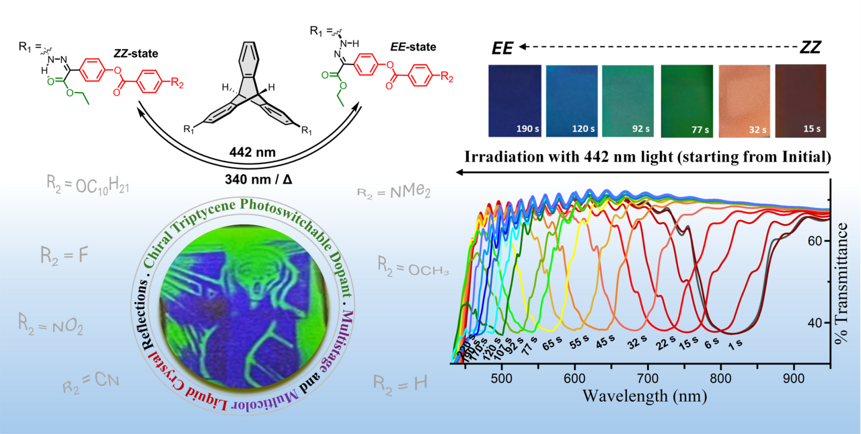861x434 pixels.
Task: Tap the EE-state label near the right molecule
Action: pos(414,47)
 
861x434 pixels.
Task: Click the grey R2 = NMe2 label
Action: pos(394,194)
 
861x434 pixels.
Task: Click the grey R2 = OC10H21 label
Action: pos(88,184)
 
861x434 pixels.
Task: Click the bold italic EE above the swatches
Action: pos(502,47)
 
